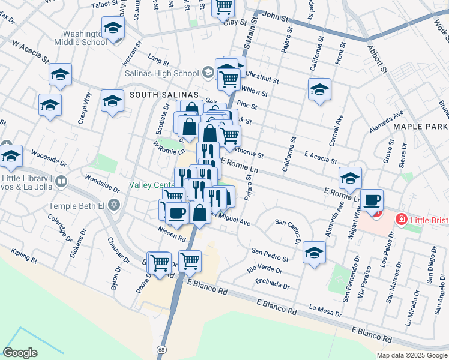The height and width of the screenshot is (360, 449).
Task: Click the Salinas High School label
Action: click(161, 74)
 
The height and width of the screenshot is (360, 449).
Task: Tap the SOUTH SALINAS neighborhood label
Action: click(161, 95)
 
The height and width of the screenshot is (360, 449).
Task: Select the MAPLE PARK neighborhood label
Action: click(420, 127)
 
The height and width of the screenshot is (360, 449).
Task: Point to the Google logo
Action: click(20, 353)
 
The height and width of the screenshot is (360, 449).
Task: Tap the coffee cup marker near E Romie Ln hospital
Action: click(372, 200)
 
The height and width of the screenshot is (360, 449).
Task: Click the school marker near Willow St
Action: click(319, 90)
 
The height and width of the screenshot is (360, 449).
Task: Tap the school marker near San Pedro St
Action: click(314, 253)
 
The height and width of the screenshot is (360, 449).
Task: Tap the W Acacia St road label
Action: click(29, 52)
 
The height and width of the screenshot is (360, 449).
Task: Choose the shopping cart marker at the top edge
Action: click(224, 7)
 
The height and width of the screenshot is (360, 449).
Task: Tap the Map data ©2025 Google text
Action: click(412, 355)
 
